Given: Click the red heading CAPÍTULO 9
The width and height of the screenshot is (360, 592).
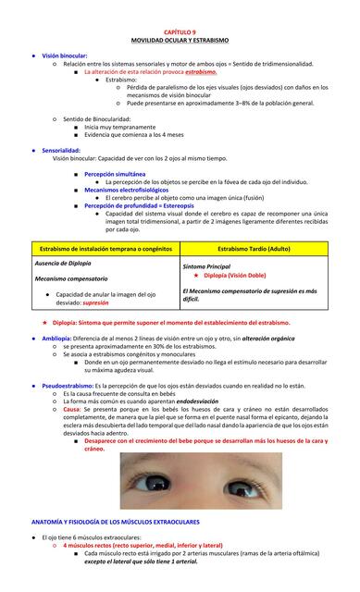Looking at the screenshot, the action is (180, 32).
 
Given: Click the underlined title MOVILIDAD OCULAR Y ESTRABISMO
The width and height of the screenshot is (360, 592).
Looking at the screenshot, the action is (180, 41).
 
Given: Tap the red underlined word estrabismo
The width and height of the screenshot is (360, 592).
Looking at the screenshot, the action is (201, 71).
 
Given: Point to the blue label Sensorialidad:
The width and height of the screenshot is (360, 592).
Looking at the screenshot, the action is (61, 150).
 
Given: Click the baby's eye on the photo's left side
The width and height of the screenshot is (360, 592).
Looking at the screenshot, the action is (146, 482).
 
